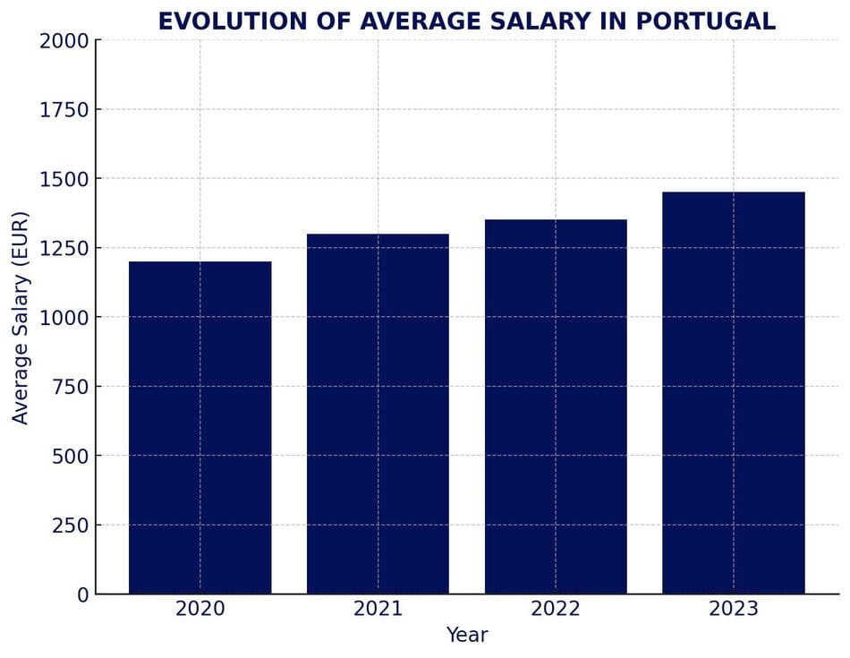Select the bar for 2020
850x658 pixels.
(200, 428)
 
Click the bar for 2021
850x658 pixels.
(378, 414)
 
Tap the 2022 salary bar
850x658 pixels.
(556, 406)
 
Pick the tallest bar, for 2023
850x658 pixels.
(734, 393)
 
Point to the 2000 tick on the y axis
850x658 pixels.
(64, 40)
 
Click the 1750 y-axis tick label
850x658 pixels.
(64, 109)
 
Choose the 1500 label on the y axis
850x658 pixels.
(64, 179)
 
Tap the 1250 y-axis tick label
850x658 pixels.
(64, 248)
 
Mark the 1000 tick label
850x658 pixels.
(64, 317)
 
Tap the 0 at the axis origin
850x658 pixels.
(83, 594)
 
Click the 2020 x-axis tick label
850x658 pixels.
(200, 610)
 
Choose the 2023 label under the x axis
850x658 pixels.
(734, 610)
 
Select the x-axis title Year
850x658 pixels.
(467, 636)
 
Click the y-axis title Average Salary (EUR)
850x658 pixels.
(21, 317)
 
